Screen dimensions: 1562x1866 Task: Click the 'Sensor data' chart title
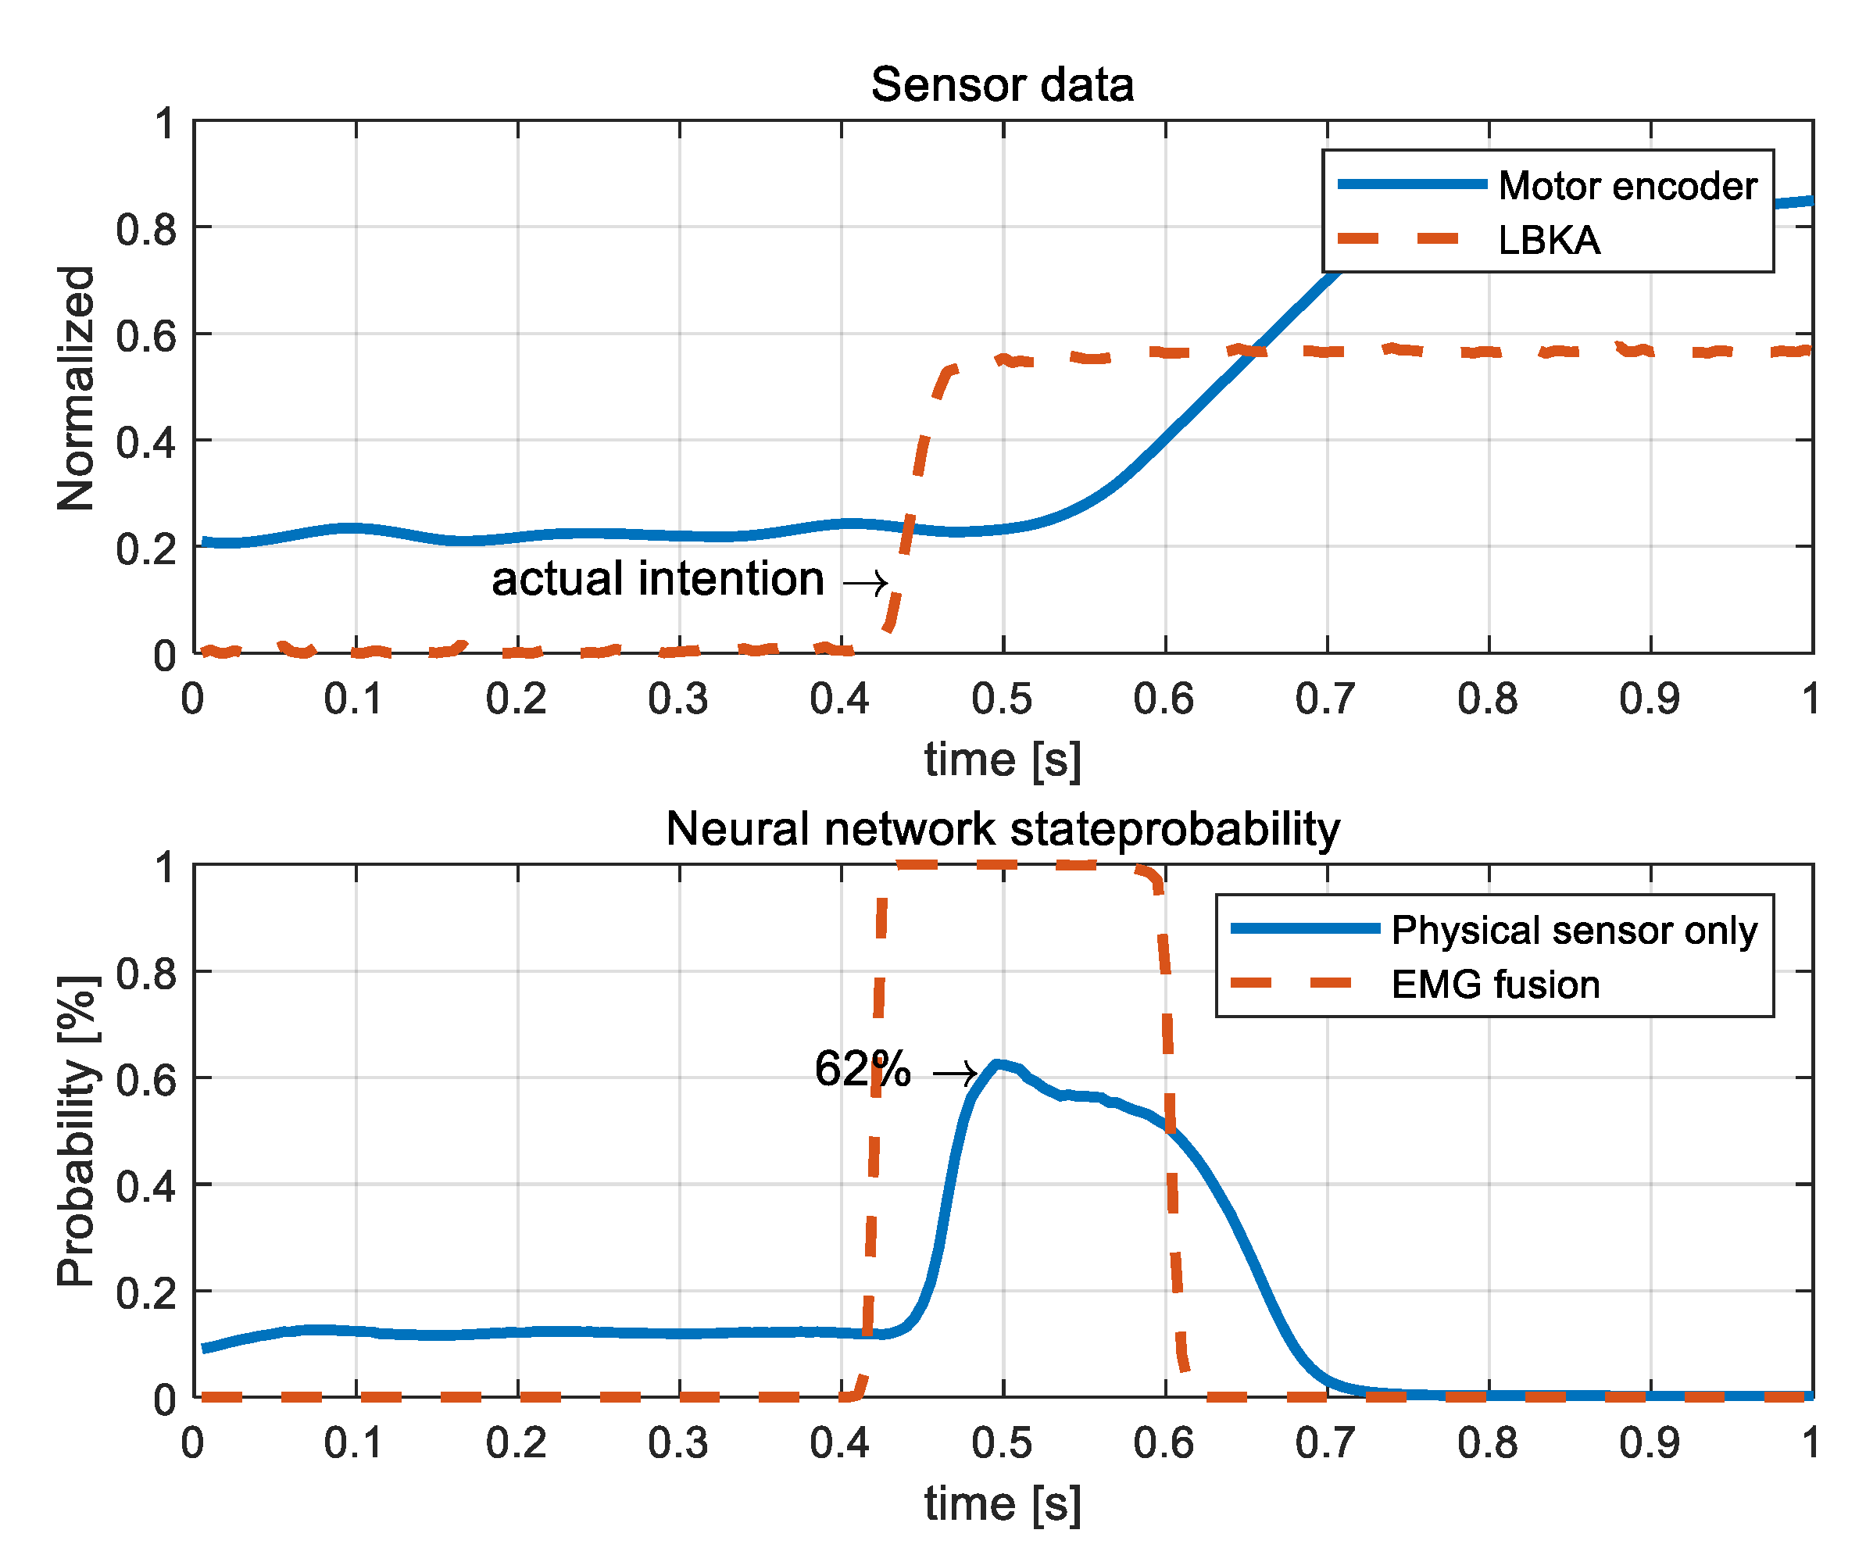1002,85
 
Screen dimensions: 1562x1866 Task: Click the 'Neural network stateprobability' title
1002,829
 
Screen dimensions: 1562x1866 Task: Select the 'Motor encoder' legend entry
1626,186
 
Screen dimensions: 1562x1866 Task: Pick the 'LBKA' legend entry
1548,241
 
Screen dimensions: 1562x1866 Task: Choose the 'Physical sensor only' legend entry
1574,931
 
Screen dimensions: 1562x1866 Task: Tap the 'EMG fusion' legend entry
1495,985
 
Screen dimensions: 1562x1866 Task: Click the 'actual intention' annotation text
657,579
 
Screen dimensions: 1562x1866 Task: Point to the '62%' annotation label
861,1069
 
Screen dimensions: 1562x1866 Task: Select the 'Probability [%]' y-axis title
77,1132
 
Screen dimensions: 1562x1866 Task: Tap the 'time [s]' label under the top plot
1002,760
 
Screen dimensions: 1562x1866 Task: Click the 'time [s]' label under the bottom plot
1002,1504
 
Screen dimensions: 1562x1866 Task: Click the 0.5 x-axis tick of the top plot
1002,699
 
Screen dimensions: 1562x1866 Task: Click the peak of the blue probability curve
997,1063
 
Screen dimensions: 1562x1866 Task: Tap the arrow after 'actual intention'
864,584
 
